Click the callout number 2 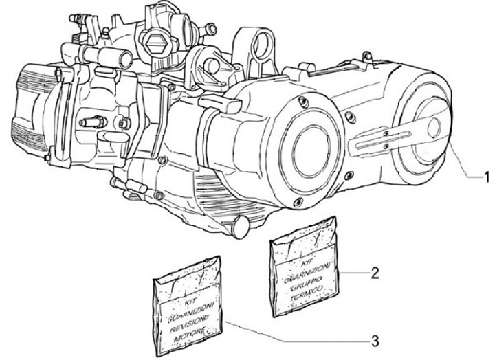click(x=375, y=273)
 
